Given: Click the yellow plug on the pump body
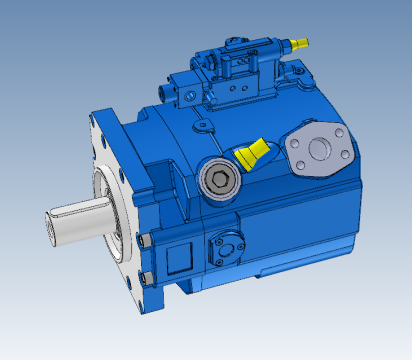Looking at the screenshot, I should click(x=252, y=154).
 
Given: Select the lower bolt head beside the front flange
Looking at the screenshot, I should click(x=148, y=277).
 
